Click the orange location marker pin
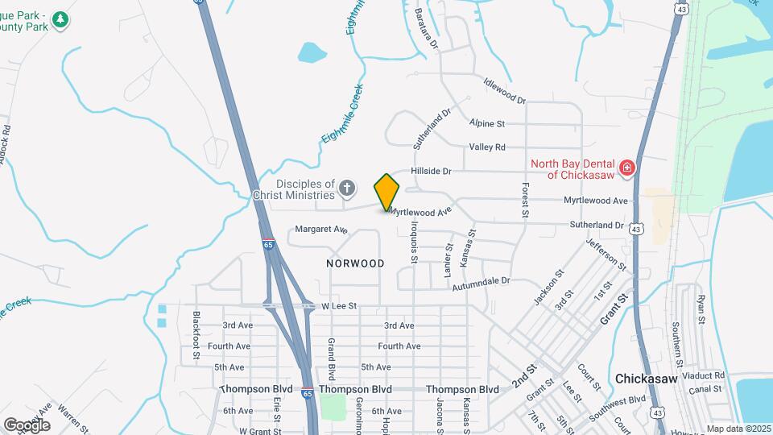(386, 193)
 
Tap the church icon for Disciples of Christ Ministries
(347, 189)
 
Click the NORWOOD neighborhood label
(355, 263)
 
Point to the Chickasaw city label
(648, 378)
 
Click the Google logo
(27, 425)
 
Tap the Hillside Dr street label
(432, 171)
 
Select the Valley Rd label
(487, 147)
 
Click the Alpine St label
(487, 124)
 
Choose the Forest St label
(524, 200)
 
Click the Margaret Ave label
(320, 230)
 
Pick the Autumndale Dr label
(481, 283)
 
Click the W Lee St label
(339, 306)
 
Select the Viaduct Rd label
(703, 375)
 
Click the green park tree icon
(59, 19)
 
